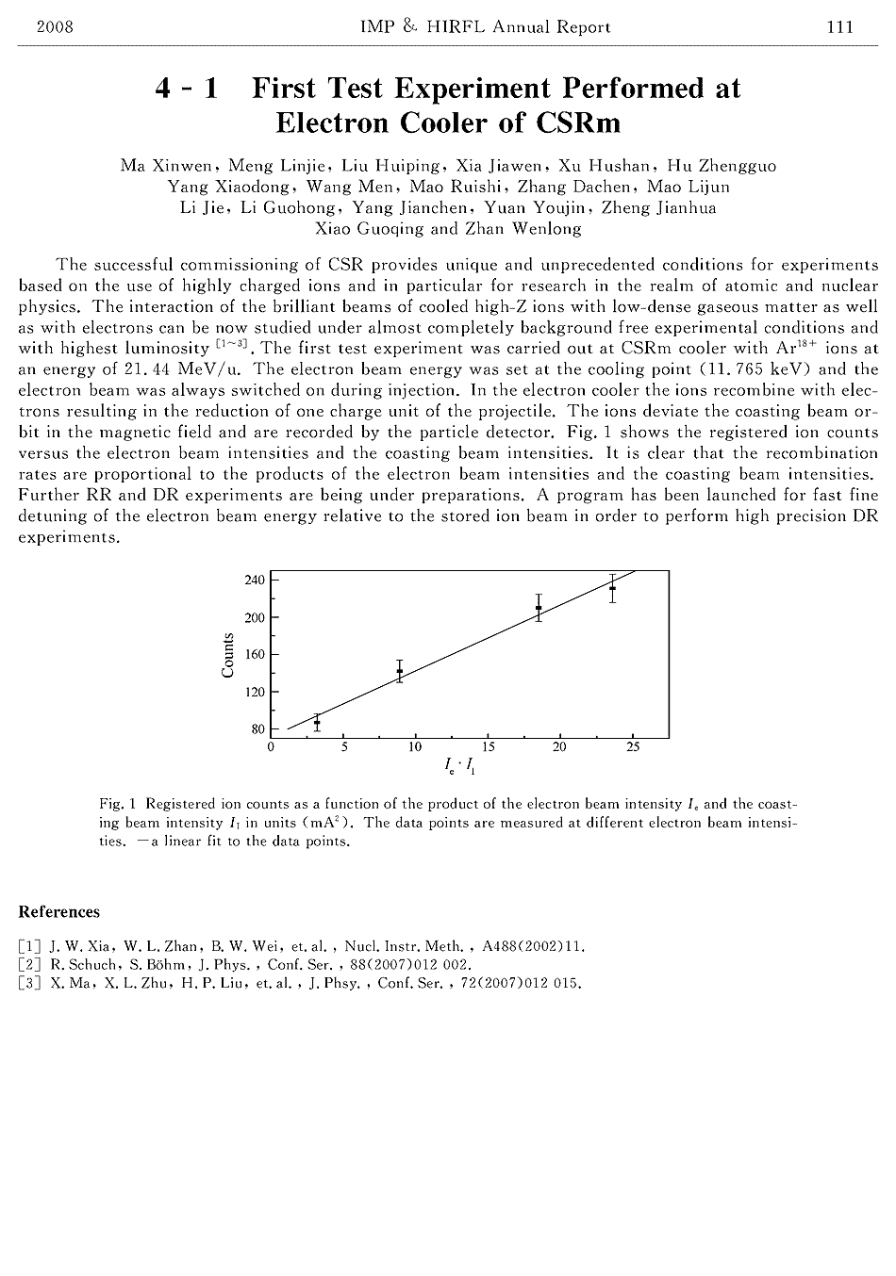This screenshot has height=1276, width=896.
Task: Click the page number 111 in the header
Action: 839,27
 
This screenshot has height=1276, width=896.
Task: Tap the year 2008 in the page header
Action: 54,27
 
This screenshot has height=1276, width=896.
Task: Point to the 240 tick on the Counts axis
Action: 256,581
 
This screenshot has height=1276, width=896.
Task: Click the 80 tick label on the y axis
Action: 258,729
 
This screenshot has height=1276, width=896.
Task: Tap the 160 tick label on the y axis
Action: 256,655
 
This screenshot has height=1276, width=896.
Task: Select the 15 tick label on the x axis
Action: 488,748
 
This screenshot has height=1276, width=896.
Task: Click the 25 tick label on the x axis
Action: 632,748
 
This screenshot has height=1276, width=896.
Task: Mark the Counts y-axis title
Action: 228,655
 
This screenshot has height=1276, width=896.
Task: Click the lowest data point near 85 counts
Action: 317,723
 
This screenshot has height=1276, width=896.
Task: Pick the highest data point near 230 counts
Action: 613,588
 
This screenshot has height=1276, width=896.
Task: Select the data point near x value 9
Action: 400,672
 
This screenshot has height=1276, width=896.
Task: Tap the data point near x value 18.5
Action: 539,608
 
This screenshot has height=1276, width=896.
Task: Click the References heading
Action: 58,912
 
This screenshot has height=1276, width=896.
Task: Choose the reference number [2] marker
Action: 29,965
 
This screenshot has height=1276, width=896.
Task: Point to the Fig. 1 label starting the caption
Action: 118,805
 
